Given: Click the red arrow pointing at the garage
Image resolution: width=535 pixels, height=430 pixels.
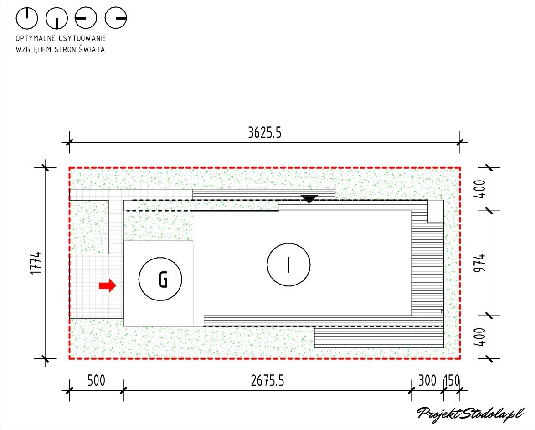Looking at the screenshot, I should tap(108, 285).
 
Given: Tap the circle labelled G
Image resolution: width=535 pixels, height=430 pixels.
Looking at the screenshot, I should tap(160, 279).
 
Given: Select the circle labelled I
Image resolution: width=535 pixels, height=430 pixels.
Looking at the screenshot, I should tap(288, 264).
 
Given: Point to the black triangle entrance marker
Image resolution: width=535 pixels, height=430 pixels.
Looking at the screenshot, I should tap(309, 199).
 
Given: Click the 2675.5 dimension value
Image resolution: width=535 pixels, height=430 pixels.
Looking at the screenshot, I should tap(268, 381).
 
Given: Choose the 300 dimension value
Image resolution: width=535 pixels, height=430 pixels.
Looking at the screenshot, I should tap(427, 381).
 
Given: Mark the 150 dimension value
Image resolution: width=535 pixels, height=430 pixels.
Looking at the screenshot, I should tap(452, 381).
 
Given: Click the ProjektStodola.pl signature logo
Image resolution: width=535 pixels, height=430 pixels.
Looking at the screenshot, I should tap(469, 414).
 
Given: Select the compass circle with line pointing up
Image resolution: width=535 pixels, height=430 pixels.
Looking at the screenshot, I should tap(27, 18).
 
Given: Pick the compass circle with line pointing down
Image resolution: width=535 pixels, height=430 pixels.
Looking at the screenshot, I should tap(57, 18).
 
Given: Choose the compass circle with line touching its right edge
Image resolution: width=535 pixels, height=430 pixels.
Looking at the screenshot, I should tap(116, 18).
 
